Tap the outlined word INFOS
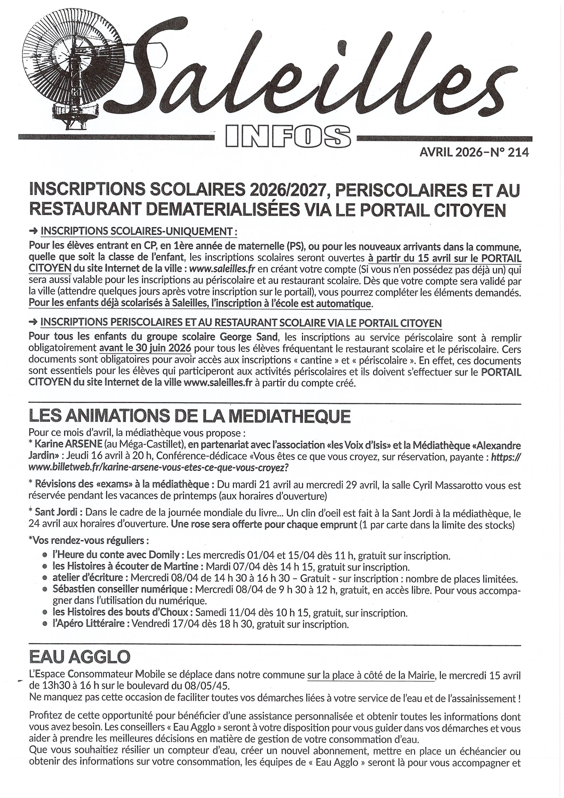point(288,136)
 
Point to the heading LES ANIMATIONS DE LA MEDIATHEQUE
point(189,416)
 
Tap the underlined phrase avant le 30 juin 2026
point(145,348)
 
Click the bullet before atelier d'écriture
point(45,579)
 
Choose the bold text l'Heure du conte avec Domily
point(116,556)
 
